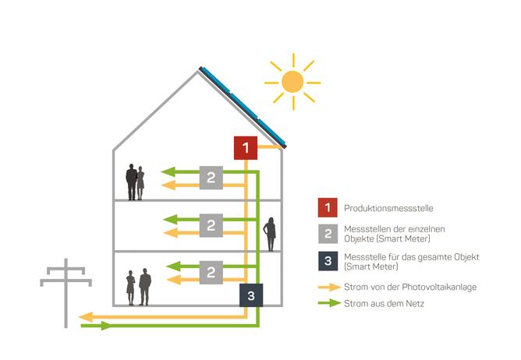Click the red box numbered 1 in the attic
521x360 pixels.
246,146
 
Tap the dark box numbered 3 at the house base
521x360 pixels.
250,295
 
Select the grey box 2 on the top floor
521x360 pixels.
211,178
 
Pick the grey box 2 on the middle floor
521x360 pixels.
211,226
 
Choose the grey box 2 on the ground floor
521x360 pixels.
211,272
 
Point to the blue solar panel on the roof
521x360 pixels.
246,105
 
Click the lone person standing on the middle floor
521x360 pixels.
271,235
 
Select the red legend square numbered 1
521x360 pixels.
328,208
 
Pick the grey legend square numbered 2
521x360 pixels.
328,232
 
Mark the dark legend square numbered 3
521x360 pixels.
328,261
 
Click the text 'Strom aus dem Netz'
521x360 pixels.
380,303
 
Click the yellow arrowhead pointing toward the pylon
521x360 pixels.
86,316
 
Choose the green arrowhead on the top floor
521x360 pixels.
165,172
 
